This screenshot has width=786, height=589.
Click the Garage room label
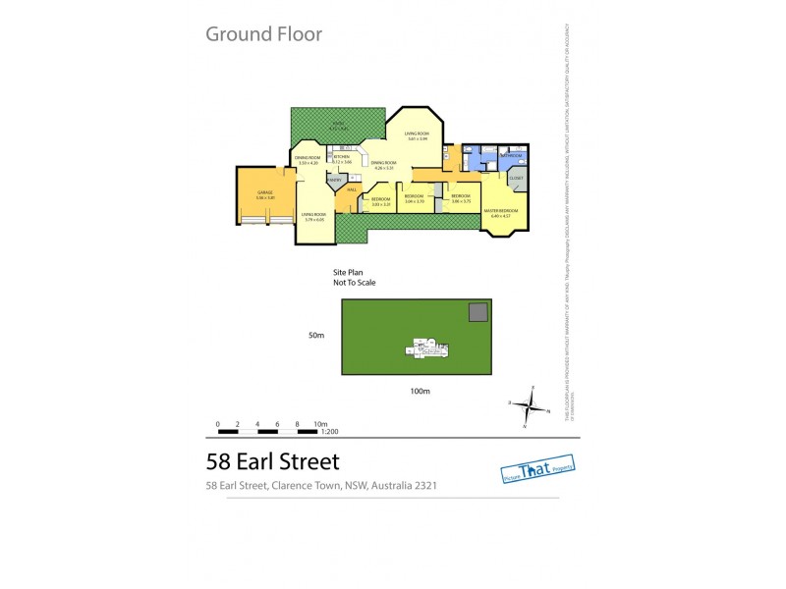(x=264, y=194)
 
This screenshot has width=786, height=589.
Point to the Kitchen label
(x=341, y=157)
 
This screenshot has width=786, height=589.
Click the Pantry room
(x=335, y=181)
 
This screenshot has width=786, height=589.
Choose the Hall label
(x=351, y=190)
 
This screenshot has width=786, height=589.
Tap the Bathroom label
(x=510, y=155)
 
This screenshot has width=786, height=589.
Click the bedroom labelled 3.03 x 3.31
(x=381, y=200)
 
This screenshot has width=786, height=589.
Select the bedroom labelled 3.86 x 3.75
(x=461, y=197)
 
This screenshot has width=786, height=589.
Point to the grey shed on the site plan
(x=477, y=312)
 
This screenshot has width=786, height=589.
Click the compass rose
(x=531, y=403)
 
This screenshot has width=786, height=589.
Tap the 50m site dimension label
(x=315, y=336)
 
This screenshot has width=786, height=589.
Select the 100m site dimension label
(x=420, y=392)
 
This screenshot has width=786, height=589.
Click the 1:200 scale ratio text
(x=328, y=432)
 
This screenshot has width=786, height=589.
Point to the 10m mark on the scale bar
(x=319, y=424)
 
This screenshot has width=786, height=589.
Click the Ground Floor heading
(x=263, y=34)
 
